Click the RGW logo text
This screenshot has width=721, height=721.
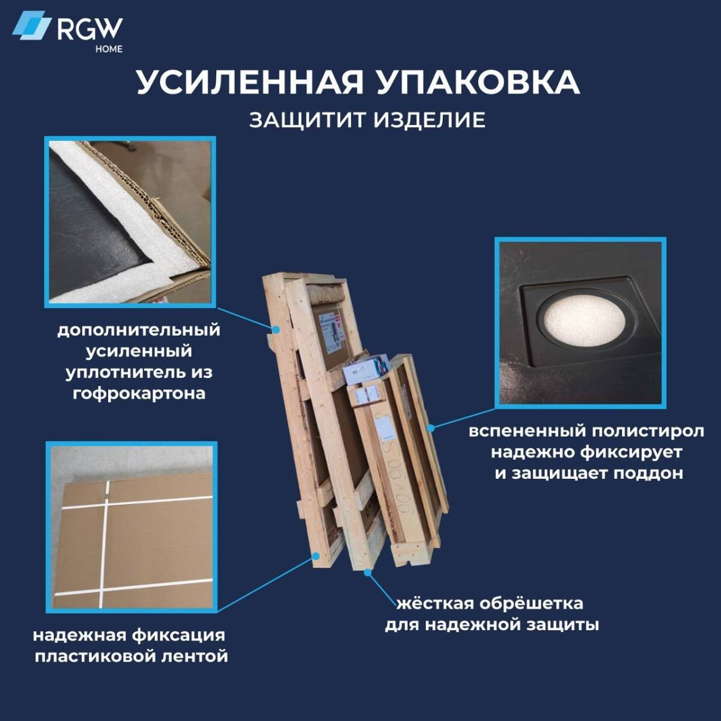pos(90,29)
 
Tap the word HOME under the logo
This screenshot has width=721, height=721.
pos(109,49)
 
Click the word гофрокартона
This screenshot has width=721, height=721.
pos(139,394)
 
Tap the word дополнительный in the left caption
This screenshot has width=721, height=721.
pos(139,330)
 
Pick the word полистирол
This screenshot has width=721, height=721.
pos(648,431)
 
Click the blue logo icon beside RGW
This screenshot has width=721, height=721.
pos(31,25)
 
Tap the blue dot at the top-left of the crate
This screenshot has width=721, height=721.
pos(276,329)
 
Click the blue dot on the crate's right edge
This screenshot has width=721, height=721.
pos(431,427)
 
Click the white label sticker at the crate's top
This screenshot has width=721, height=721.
pos(330,333)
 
